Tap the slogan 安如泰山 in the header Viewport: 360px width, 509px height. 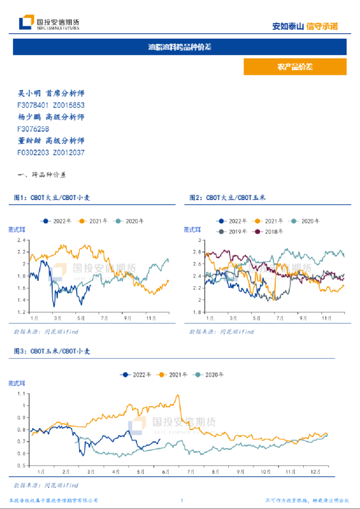pyautogui.click(x=289, y=26)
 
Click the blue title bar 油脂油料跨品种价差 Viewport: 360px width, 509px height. pyautogui.click(x=180, y=47)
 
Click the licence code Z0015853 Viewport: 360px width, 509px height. pyautogui.click(x=68, y=105)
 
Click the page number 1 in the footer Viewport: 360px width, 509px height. pyautogui.click(x=182, y=500)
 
